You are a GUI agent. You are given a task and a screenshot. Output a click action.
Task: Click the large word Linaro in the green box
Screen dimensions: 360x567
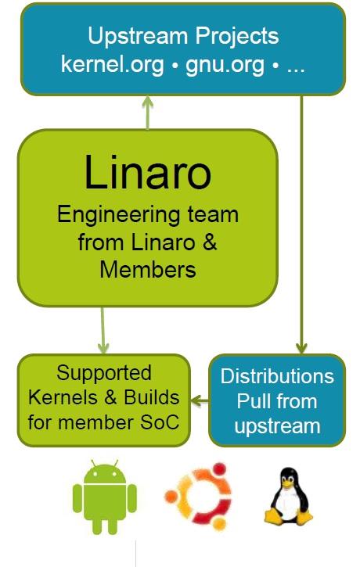point(148,172)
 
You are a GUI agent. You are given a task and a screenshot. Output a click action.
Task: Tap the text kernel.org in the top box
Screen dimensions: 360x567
point(112,64)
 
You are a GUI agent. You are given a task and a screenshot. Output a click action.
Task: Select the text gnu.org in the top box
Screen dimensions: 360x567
point(225,64)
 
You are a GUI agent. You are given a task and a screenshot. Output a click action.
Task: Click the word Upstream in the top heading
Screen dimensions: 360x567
point(139,37)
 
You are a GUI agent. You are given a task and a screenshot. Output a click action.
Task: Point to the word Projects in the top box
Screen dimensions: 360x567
point(237,35)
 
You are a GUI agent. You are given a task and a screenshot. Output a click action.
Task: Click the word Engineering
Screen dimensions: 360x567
point(118,216)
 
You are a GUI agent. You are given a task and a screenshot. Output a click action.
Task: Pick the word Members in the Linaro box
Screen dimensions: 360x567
point(148,270)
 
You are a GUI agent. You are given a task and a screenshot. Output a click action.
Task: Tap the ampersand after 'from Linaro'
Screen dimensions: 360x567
point(210,242)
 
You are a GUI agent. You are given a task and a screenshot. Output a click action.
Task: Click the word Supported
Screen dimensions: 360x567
point(104,374)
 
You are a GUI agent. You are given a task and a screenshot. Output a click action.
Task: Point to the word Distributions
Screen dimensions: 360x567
point(277,376)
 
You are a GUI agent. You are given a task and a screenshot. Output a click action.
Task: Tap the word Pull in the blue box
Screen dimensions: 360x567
point(254,401)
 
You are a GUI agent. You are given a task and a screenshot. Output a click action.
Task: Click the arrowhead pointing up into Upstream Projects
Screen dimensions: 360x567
point(148,101)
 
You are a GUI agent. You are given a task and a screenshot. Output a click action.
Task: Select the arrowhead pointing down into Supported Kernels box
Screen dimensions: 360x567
point(103,348)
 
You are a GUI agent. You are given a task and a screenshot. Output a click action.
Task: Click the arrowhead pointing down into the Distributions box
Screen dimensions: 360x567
point(301,348)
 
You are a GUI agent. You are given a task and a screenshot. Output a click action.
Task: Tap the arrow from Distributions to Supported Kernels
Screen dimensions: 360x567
point(200,400)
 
